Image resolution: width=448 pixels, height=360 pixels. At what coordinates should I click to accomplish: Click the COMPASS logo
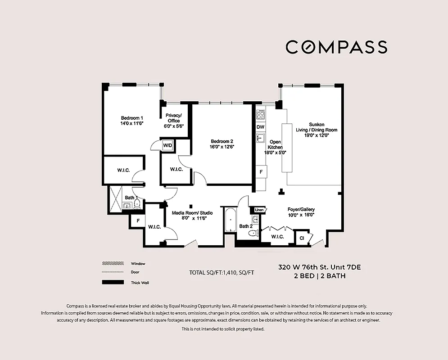coord(336,47)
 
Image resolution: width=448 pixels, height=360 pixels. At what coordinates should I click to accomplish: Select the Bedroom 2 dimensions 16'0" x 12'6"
coord(221,147)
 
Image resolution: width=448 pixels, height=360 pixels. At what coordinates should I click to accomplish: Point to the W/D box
coord(168,145)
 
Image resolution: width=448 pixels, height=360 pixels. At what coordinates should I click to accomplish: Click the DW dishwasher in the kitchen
coord(260,127)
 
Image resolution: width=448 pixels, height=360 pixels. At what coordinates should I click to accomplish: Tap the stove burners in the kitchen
coord(260,115)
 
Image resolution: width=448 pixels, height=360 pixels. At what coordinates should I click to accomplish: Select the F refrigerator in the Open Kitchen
coord(261,171)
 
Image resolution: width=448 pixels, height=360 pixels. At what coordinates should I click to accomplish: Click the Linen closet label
coord(260,210)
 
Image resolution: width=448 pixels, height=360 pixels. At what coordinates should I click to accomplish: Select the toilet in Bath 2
coord(253,233)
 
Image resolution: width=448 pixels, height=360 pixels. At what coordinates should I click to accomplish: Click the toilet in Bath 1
coord(137,205)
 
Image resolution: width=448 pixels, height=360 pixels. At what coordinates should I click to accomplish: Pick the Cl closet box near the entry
coord(301,237)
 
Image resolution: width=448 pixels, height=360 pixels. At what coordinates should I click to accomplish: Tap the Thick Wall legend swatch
coord(113,283)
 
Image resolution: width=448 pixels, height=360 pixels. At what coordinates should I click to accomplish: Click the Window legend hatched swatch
coord(113,264)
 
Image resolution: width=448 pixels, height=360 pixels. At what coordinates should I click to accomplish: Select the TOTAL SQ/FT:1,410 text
coord(218,273)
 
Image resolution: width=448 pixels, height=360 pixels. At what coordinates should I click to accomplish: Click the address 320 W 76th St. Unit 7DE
coord(319,267)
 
